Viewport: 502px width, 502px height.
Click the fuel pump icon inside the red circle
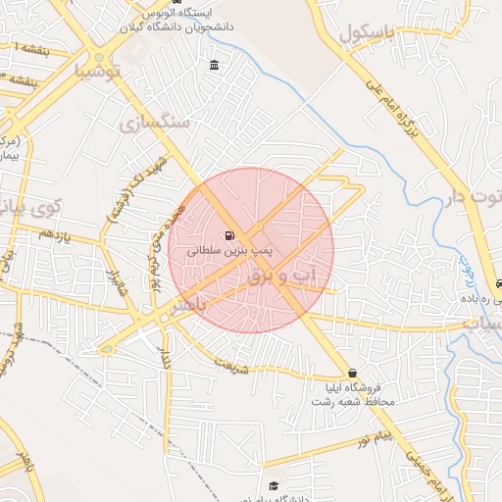click(229, 235)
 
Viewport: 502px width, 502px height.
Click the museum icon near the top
click(215, 66)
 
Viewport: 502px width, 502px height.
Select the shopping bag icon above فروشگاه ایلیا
click(352, 373)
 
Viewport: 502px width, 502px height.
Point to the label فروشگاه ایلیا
click(352, 388)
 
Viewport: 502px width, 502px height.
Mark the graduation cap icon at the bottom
click(275, 485)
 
